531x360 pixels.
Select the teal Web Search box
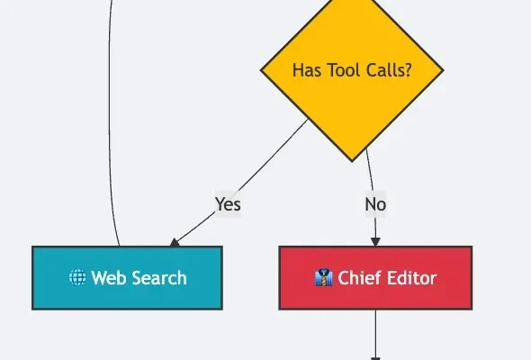(127, 278)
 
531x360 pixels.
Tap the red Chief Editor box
(375, 278)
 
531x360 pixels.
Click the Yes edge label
(228, 204)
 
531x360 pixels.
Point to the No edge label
(375, 204)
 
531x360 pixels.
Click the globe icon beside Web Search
(77, 277)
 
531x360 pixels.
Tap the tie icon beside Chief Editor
(323, 277)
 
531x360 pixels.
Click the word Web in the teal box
(109, 278)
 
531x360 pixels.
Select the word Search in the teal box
(159, 278)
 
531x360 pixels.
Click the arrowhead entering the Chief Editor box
(375, 242)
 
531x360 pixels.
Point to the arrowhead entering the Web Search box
(175, 242)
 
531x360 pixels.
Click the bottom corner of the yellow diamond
(352, 162)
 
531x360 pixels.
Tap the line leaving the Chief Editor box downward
(375, 335)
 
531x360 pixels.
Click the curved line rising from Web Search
(109, 121)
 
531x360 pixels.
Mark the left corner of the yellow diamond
(261, 70)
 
